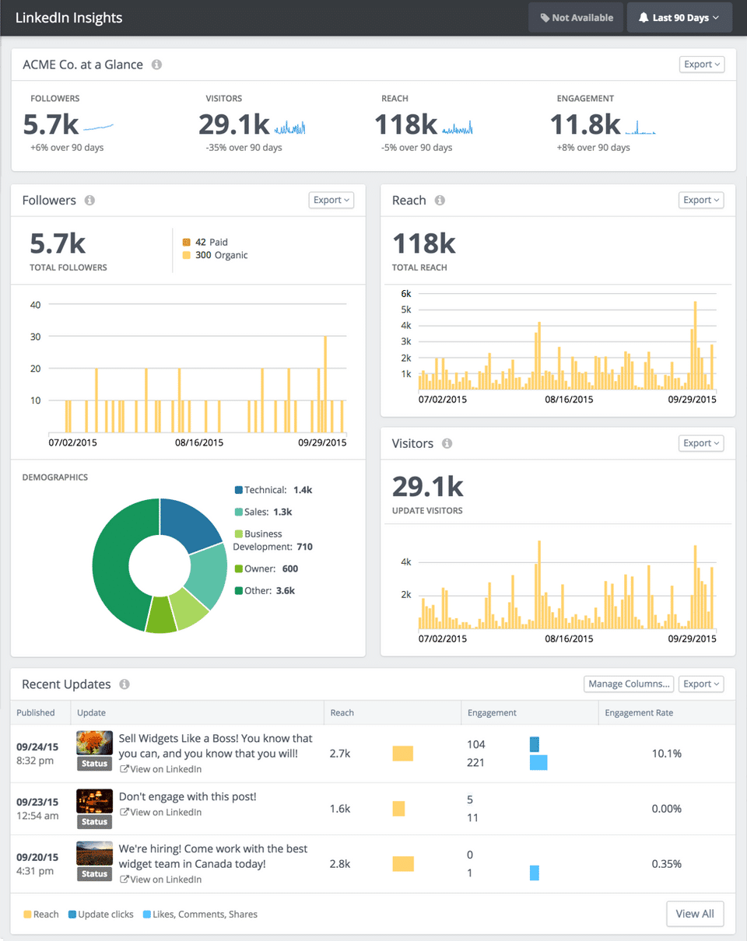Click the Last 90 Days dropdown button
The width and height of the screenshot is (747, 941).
(679, 18)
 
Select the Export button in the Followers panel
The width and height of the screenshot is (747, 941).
(331, 200)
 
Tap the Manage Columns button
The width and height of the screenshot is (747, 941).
(629, 684)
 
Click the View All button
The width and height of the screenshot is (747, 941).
(695, 914)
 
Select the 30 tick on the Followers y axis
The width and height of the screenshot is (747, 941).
(35, 337)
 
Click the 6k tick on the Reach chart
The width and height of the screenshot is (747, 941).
(405, 293)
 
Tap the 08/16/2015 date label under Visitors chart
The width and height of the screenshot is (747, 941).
(569, 638)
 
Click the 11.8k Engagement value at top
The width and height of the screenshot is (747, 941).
(585, 124)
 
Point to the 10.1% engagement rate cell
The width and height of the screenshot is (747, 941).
(667, 754)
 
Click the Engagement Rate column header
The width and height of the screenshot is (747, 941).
(639, 712)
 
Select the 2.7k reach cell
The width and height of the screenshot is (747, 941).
(341, 754)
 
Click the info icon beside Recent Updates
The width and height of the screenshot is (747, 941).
(124, 684)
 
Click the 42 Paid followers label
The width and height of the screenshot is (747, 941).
(211, 242)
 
